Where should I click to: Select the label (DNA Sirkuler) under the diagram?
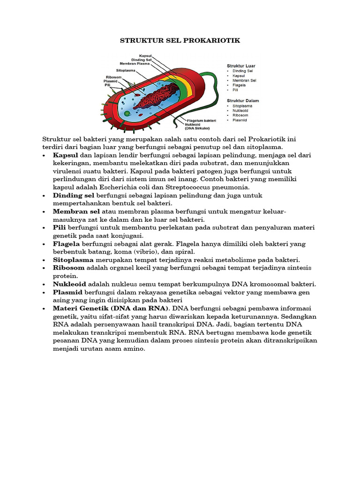(x=197, y=128)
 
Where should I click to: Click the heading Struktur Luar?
(x=241, y=66)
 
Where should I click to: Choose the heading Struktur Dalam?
(x=243, y=100)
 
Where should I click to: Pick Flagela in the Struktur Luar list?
(x=240, y=85)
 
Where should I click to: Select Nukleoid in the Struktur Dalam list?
(x=240, y=111)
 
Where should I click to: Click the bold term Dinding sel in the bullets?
(x=74, y=195)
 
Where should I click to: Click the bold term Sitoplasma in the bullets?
(x=74, y=260)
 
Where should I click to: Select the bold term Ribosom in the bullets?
(x=69, y=268)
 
